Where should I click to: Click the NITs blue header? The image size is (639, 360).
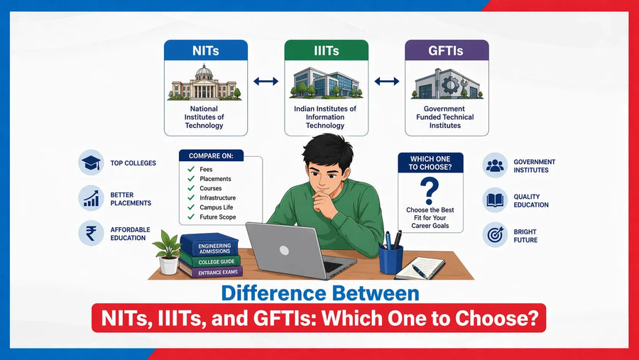click(x=206, y=50)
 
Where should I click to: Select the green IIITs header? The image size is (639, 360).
click(x=327, y=50)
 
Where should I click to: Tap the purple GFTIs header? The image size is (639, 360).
click(x=447, y=50)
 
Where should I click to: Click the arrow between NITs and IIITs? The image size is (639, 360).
click(x=266, y=82)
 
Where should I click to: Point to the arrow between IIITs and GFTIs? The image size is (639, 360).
click(x=387, y=82)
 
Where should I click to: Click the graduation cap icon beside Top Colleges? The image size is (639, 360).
click(x=91, y=163)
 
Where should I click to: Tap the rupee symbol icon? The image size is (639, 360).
click(x=91, y=233)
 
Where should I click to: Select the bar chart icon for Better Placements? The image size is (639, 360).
click(x=91, y=197)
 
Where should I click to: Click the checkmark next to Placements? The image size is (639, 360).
click(x=191, y=178)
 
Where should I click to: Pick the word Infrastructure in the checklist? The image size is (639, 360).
click(x=218, y=197)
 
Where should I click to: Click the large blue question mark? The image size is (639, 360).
click(x=430, y=191)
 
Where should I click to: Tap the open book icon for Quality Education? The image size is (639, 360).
click(x=495, y=200)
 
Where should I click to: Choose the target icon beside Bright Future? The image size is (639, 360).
click(x=495, y=235)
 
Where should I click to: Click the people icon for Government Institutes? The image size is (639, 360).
click(x=495, y=165)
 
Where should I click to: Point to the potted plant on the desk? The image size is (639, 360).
click(x=168, y=252)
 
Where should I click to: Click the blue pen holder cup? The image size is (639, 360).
click(x=390, y=259)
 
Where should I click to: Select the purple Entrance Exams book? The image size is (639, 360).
click(x=211, y=272)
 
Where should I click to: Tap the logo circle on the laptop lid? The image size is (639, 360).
click(x=285, y=251)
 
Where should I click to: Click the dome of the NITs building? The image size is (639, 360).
click(x=204, y=71)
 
